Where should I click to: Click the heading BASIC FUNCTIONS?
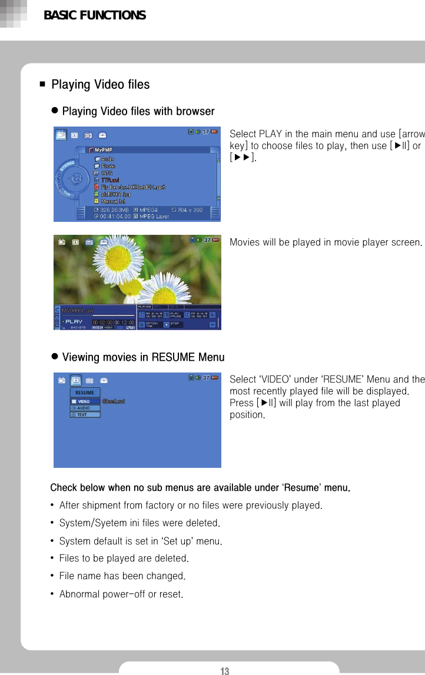tap(95, 15)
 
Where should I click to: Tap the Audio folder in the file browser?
tap(107, 159)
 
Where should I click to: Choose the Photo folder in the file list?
tap(108, 166)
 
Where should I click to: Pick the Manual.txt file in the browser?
tap(113, 201)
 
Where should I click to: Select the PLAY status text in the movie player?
tap(74, 321)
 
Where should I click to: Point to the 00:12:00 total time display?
tap(124, 322)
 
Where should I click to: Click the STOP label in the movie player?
tap(175, 322)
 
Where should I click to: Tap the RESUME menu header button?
tap(84, 393)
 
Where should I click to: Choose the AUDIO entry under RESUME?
tap(83, 408)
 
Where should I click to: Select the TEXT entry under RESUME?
tap(82, 415)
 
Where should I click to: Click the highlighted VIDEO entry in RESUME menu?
tap(84, 401)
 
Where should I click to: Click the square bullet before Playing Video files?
tap(42, 85)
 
